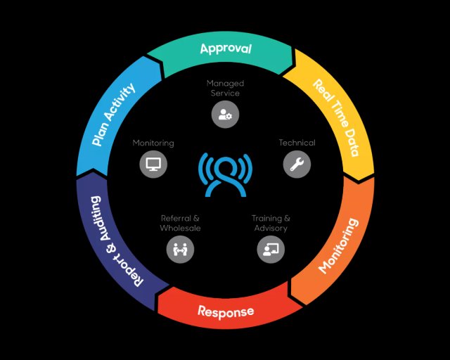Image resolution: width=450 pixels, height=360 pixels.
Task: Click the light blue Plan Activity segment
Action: click(x=115, y=116)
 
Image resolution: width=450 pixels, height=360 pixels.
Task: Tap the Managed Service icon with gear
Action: click(x=225, y=115)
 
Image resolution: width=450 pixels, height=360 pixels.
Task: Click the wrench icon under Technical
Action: click(x=297, y=165)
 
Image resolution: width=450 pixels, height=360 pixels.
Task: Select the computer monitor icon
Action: click(x=153, y=165)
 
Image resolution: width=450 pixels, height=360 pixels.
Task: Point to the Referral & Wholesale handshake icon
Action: click(x=179, y=249)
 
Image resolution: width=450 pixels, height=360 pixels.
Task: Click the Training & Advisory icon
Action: click(x=271, y=249)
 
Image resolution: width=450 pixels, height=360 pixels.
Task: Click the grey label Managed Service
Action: click(x=225, y=89)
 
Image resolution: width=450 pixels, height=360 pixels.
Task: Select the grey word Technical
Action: click(x=297, y=143)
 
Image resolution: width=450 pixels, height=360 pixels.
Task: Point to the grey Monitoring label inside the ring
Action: click(x=153, y=143)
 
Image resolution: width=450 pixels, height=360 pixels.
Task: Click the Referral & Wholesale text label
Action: click(x=180, y=224)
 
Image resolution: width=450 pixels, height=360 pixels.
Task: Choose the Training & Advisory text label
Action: click(x=271, y=224)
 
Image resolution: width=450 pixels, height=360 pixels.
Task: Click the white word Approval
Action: click(x=225, y=49)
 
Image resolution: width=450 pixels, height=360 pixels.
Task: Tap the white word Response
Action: click(x=225, y=311)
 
